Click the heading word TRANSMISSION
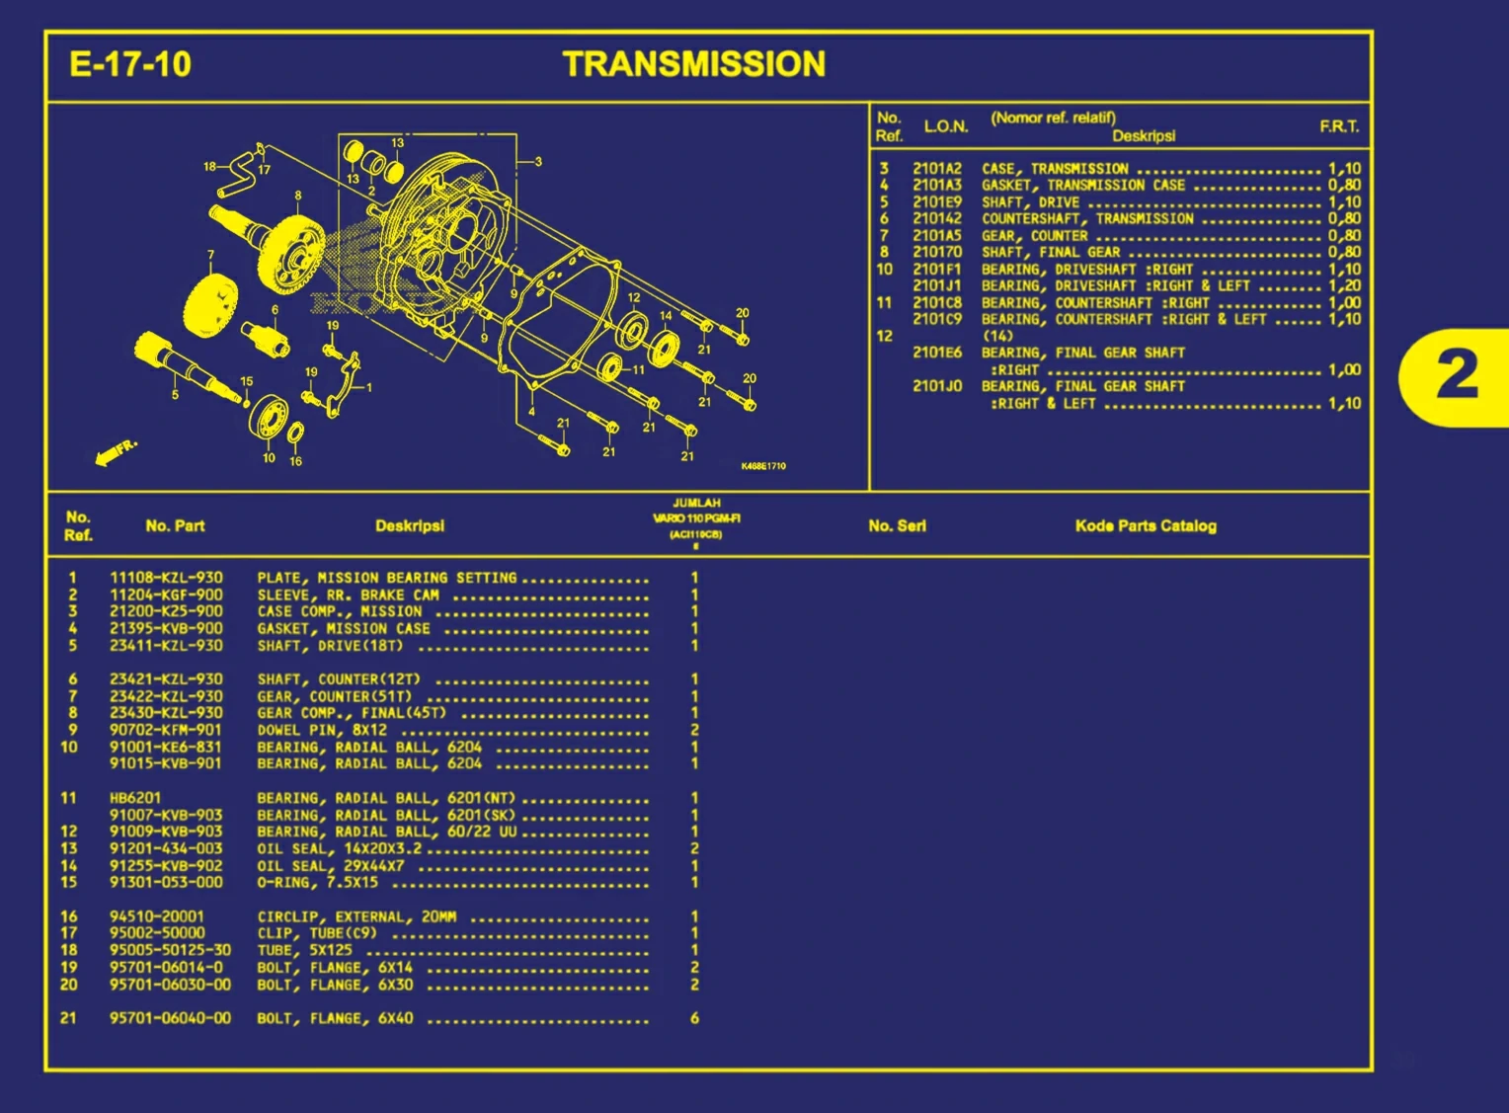(694, 64)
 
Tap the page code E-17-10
(130, 65)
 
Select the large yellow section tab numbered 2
(1456, 376)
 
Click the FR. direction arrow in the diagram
(115, 452)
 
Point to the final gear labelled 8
(293, 253)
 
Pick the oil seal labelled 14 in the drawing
(665, 347)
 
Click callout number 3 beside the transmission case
(538, 162)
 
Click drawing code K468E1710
(763, 466)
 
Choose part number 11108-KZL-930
(166, 578)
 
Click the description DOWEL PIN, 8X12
(322, 730)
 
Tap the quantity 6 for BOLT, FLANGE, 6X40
(694, 1018)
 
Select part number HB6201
(135, 798)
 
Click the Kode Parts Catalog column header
(1146, 526)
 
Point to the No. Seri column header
(897, 526)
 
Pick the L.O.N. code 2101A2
(936, 169)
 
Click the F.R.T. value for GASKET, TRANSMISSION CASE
(1344, 186)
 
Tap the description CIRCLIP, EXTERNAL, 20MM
(357, 916)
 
